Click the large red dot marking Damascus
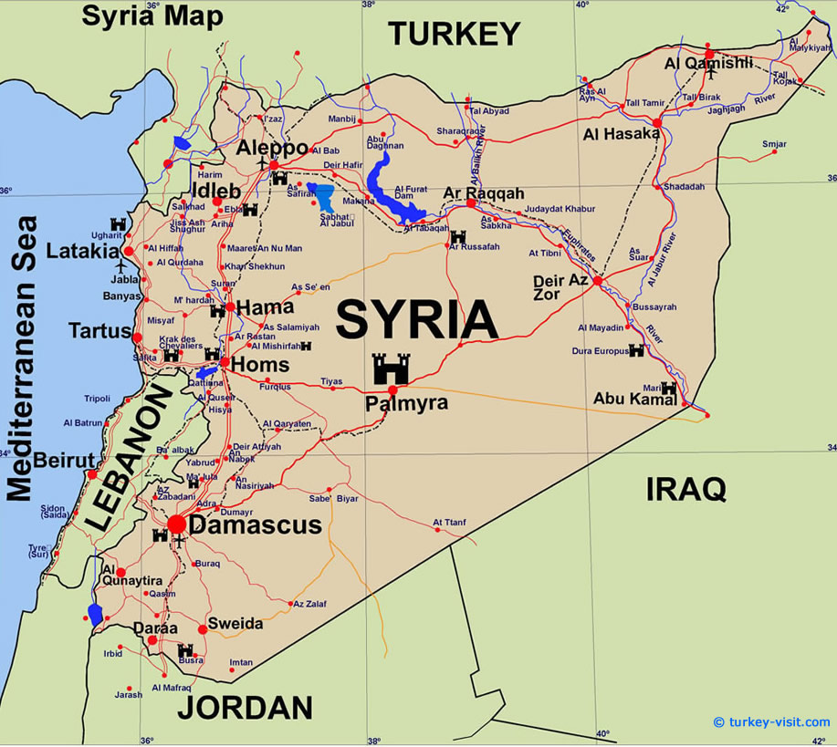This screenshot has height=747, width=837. click(x=176, y=524)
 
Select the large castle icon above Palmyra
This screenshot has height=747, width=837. click(x=391, y=368)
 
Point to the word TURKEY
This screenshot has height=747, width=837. click(x=454, y=34)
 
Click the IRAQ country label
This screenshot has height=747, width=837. click(x=686, y=489)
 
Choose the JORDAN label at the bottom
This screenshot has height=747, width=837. click(x=245, y=708)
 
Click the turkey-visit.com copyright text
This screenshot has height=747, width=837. click(x=771, y=721)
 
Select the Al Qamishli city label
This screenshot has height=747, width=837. click(x=708, y=63)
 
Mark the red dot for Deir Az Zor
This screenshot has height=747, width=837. click(x=597, y=281)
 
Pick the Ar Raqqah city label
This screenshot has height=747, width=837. click(x=483, y=193)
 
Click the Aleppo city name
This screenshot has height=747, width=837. click(x=272, y=148)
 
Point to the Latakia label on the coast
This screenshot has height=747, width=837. click(x=78, y=250)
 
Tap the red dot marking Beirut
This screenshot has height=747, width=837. click(x=92, y=474)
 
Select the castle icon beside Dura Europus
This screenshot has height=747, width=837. click(x=636, y=350)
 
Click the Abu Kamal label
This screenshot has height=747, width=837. click(x=627, y=399)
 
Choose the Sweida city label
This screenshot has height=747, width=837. click(x=235, y=624)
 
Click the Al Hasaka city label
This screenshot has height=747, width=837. click(x=621, y=134)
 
